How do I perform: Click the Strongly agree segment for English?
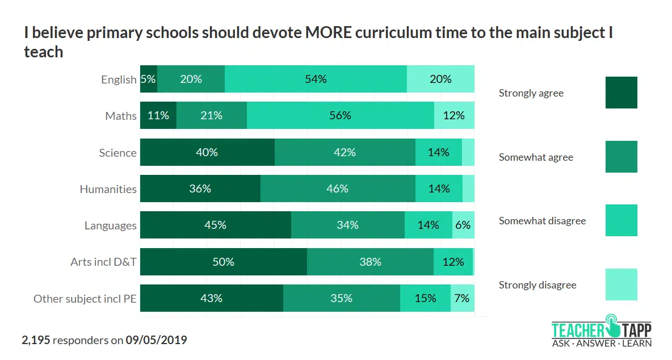click(149, 79)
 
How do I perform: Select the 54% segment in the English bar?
click(316, 79)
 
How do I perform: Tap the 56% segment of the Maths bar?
click(340, 115)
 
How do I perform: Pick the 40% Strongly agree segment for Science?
click(207, 152)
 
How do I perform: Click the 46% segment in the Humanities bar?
click(338, 189)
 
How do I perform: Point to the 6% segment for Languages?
click(463, 225)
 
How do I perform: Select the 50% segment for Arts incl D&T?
click(223, 262)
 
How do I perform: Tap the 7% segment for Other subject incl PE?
click(462, 298)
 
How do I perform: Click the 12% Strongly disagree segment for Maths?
click(454, 115)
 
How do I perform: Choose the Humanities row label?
click(108, 189)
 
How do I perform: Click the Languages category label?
click(110, 225)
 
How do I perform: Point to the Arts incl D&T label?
click(103, 262)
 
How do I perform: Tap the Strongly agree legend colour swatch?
click(621, 93)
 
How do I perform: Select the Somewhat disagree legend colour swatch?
click(621, 220)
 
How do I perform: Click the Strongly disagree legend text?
click(537, 285)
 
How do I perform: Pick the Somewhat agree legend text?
click(536, 157)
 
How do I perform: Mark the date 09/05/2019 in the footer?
click(156, 340)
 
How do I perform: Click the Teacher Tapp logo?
click(601, 332)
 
